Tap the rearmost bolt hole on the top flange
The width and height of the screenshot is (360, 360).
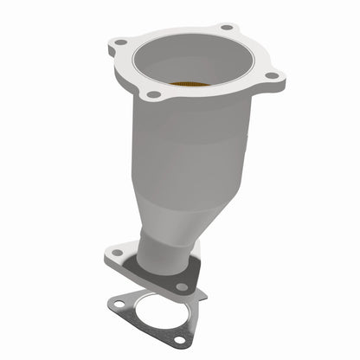(227, 28)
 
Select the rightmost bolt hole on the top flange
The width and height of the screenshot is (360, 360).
(271, 76)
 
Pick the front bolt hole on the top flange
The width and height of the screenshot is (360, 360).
(153, 93)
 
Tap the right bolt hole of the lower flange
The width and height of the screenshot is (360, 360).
(182, 286)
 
